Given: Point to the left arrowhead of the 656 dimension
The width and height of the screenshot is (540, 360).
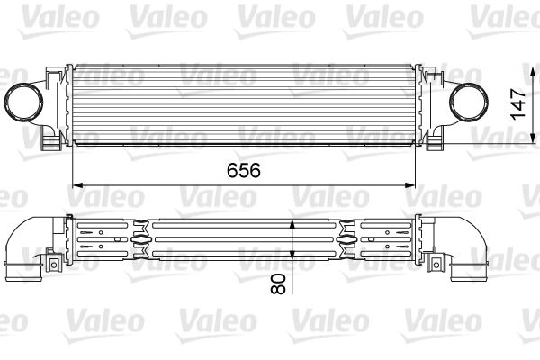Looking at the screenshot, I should pyautogui.click(x=76, y=184).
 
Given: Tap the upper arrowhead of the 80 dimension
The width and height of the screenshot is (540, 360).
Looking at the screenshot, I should pyautogui.click(x=292, y=221).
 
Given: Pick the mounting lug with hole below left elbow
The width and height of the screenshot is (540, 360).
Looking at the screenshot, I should pyautogui.click(x=47, y=263).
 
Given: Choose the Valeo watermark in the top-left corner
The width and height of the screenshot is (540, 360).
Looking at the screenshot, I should pyautogui.click(x=36, y=15).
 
